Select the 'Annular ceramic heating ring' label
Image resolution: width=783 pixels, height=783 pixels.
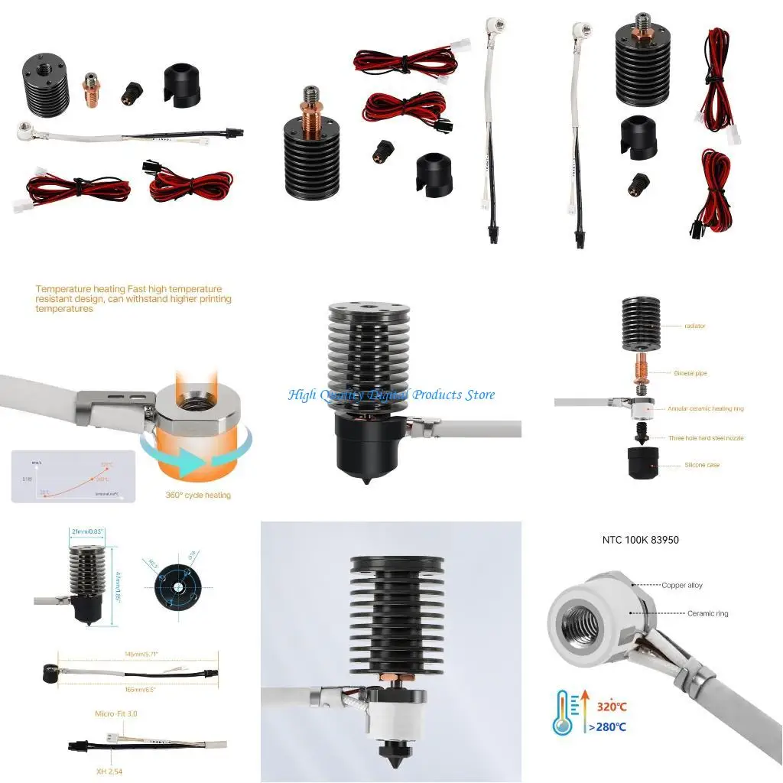coord(705,408)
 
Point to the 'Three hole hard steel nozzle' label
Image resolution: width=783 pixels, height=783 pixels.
coord(705,438)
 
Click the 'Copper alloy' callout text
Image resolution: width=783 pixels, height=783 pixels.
coord(682,585)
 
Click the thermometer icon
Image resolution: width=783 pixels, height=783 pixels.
coord(563,712)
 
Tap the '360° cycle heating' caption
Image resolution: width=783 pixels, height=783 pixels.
coord(197,495)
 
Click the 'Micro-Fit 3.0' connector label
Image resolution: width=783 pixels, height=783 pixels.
coord(115,713)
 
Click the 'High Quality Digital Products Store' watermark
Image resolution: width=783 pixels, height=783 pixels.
coord(391,395)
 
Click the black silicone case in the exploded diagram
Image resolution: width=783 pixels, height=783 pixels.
coord(643,463)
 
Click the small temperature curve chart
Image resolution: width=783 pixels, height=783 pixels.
coord(73,476)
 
